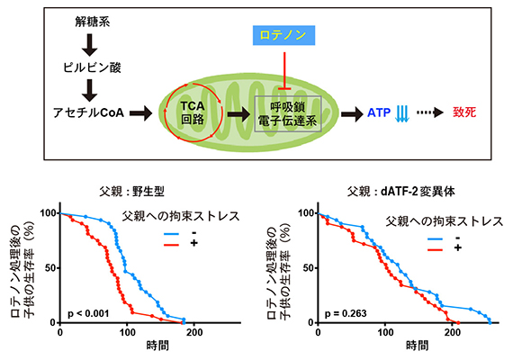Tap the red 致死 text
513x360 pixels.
coord(465,113)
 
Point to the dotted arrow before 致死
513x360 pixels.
coord(427,113)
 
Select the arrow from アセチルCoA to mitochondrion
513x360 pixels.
coord(140,113)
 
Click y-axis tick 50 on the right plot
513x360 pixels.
coord(311,268)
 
